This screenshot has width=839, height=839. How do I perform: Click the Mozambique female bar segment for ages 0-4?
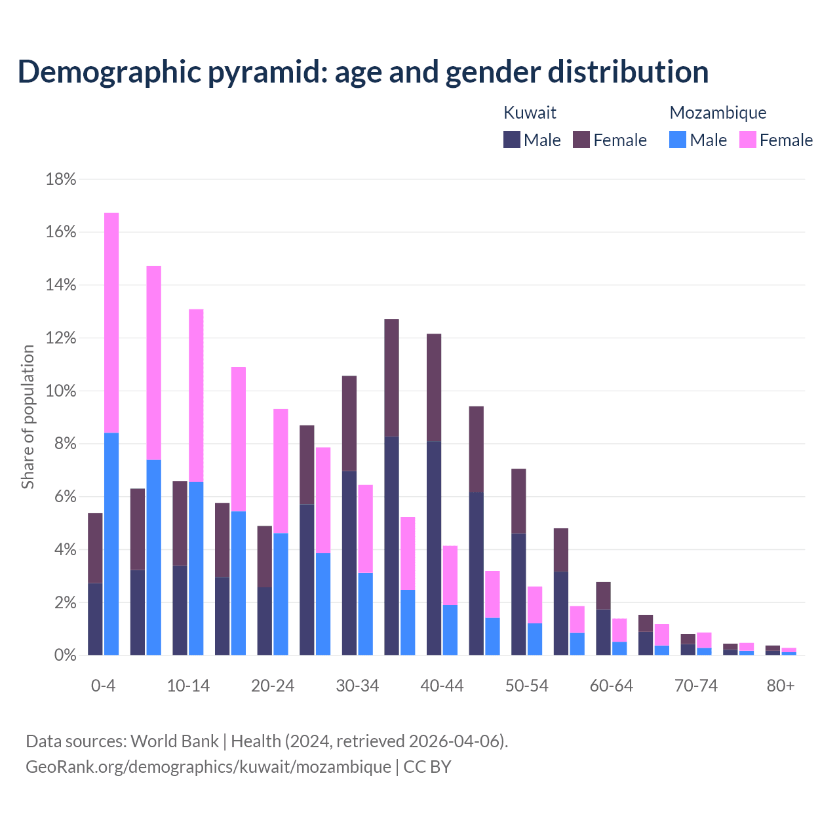111,322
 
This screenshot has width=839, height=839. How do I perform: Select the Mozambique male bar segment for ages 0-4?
111,544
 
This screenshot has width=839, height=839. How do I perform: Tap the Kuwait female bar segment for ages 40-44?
434,387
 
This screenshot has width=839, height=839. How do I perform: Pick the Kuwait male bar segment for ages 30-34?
349,562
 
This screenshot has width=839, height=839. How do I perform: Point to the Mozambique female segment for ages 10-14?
196,395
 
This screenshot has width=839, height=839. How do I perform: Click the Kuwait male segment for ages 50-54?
518,594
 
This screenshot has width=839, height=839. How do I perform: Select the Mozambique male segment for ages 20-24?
281,594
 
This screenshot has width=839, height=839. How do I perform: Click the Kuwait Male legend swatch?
512,140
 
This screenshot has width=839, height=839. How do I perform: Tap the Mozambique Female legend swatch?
747,140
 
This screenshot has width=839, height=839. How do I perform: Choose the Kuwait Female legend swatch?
581,140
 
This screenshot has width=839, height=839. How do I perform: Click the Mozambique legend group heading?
718,113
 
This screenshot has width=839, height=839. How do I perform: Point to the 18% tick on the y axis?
61,180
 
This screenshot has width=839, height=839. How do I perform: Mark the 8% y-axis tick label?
64,444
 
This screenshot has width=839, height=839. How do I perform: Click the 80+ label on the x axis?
781,686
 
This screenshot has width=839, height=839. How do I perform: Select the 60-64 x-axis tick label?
612,686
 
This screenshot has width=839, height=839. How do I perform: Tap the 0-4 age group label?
103,686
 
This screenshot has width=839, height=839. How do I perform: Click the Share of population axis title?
28,417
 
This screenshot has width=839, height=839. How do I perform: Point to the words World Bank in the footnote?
174,741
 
